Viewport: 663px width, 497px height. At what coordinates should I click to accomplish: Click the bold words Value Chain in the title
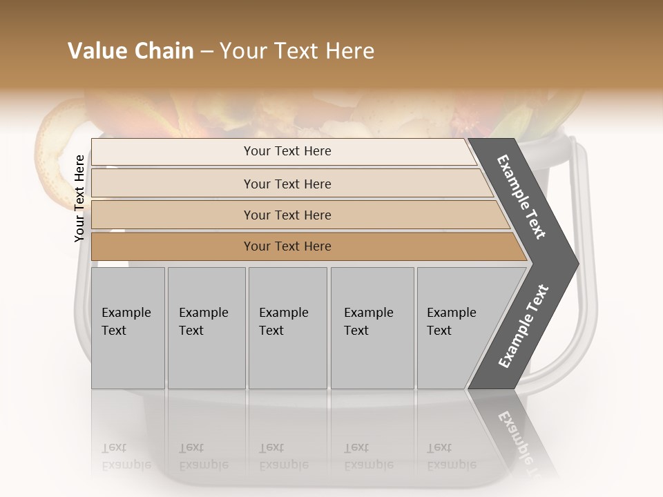point(131,51)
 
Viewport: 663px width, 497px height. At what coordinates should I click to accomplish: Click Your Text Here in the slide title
point(296,51)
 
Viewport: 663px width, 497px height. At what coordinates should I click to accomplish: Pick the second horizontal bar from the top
point(287,184)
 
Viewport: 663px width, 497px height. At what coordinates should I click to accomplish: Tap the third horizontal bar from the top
point(287,215)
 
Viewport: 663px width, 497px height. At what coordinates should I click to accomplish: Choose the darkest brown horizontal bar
point(287,246)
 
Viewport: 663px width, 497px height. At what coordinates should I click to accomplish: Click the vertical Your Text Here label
point(79,198)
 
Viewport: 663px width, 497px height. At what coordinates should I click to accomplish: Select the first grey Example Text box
point(128,327)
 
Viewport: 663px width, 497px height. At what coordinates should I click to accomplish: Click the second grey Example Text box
point(206,327)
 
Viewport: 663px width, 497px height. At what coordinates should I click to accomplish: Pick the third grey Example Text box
point(287,327)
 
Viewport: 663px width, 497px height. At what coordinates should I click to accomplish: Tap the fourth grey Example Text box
point(372,327)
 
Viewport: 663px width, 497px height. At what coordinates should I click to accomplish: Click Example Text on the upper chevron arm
point(522,197)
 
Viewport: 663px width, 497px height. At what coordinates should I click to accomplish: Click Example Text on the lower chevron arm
point(523,326)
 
